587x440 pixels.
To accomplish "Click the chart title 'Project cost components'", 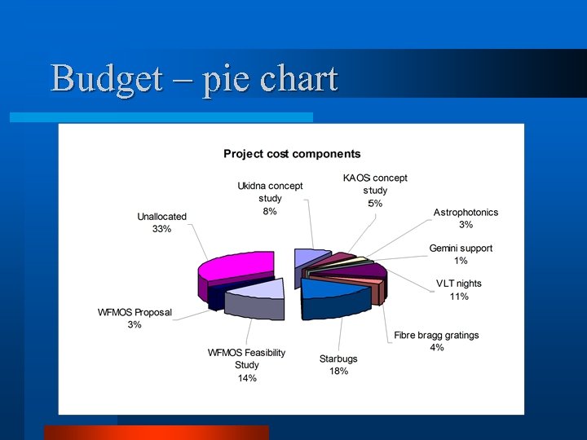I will tap(292, 153).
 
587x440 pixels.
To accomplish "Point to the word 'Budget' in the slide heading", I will tap(104, 79).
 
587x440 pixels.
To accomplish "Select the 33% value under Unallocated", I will tap(161, 229).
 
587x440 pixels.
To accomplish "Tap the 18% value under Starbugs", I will tap(338, 372).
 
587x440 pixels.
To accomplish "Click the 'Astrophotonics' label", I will tap(466, 212).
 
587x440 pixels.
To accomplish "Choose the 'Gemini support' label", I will tap(461, 248).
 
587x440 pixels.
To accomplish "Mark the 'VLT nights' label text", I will tap(459, 284).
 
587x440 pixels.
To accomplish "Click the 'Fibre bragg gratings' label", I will tap(436, 335).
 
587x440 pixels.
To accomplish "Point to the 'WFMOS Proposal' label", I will tap(135, 312).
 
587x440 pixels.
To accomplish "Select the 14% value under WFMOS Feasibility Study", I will tap(246, 378).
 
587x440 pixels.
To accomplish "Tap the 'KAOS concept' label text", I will tap(375, 178).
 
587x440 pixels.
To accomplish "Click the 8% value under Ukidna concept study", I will tap(270, 211).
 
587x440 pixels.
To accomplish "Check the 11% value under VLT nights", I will tap(459, 297).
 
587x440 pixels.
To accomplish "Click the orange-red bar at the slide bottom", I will tap(156, 433).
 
